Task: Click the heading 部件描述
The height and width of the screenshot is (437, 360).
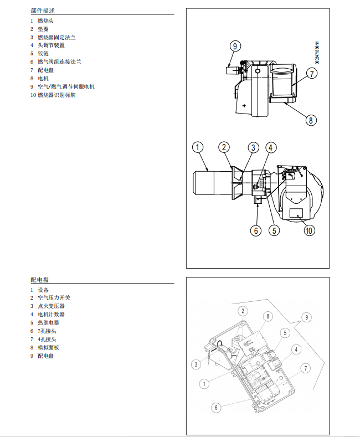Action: pos(43,11)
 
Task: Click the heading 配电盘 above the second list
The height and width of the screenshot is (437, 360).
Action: pos(39,280)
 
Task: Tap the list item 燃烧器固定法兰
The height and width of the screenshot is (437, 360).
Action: pos(56,37)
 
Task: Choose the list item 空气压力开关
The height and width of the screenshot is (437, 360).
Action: pos(54,298)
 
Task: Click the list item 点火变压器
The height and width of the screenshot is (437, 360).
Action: pos(51,306)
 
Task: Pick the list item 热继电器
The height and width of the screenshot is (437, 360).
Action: pos(48,323)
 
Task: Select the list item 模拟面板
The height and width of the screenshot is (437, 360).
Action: pos(48,348)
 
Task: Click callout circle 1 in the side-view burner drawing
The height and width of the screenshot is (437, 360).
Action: pos(198,147)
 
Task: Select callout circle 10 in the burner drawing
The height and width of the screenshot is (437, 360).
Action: pos(309,230)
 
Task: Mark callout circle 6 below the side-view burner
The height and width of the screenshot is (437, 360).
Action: pos(255,230)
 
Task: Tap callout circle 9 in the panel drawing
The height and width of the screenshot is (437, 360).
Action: pos(305,318)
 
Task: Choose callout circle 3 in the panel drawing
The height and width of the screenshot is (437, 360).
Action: pos(196,364)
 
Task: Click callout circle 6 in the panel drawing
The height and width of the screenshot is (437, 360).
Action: pos(217,407)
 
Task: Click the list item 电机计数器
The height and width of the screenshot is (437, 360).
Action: pos(51,315)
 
